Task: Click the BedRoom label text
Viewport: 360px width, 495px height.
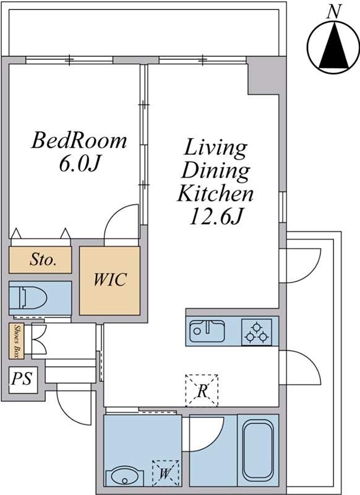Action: (79, 141)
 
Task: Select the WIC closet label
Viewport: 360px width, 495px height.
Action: (110, 279)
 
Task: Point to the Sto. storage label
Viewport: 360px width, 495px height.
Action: (43, 260)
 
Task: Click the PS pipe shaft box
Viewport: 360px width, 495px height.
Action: (23, 380)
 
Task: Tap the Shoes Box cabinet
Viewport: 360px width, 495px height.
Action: (17, 342)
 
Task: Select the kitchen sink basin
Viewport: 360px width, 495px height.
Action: (207, 332)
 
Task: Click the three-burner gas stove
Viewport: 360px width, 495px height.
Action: (257, 332)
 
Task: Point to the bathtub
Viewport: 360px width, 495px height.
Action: (258, 451)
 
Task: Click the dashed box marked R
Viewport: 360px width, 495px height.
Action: (202, 390)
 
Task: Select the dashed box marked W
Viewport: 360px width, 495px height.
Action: (165, 473)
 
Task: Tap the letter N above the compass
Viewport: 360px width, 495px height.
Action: (335, 12)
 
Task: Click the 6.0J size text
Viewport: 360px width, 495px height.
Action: (79, 164)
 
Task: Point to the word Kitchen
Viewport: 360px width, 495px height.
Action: (215, 193)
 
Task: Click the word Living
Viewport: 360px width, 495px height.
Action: (215, 148)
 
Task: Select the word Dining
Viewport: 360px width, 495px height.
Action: (215, 171)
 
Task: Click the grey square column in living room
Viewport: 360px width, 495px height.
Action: (263, 75)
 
